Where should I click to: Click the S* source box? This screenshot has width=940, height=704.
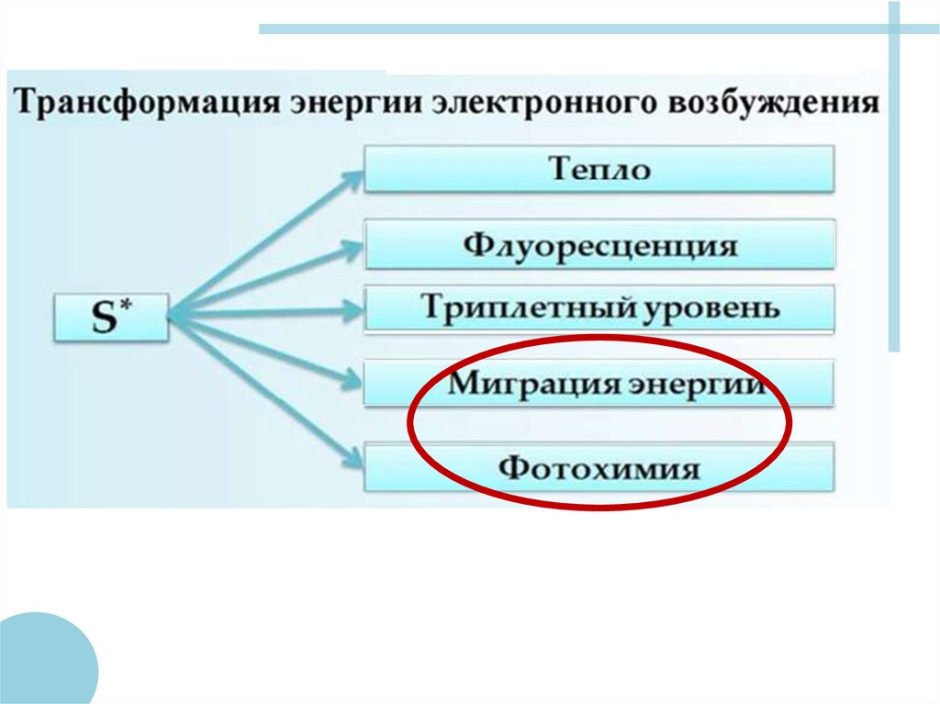click(x=111, y=317)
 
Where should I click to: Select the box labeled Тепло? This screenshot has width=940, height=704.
click(x=599, y=169)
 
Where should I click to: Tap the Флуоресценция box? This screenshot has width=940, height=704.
click(x=599, y=245)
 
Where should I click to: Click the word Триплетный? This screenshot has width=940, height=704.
click(x=518, y=307)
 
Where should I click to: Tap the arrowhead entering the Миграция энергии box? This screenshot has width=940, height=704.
click(x=352, y=377)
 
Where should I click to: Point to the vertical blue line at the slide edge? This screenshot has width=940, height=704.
click(x=895, y=184)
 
